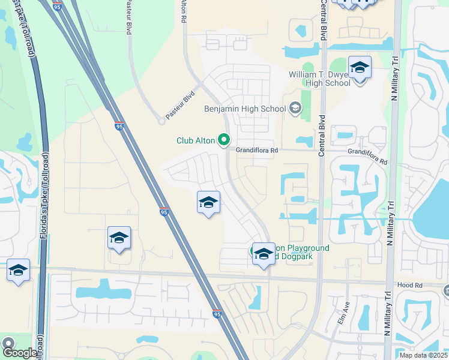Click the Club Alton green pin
(224, 140)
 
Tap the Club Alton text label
(196, 141)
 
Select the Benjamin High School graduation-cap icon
(295, 109)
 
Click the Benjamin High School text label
(245, 109)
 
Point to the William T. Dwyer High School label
(319, 78)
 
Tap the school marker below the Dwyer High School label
(360, 68)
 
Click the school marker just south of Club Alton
(208, 203)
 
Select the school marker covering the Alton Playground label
(264, 254)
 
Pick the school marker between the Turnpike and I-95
(119, 239)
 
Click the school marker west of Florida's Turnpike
(18, 270)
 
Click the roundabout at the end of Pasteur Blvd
(161, 121)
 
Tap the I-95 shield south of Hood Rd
(217, 314)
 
